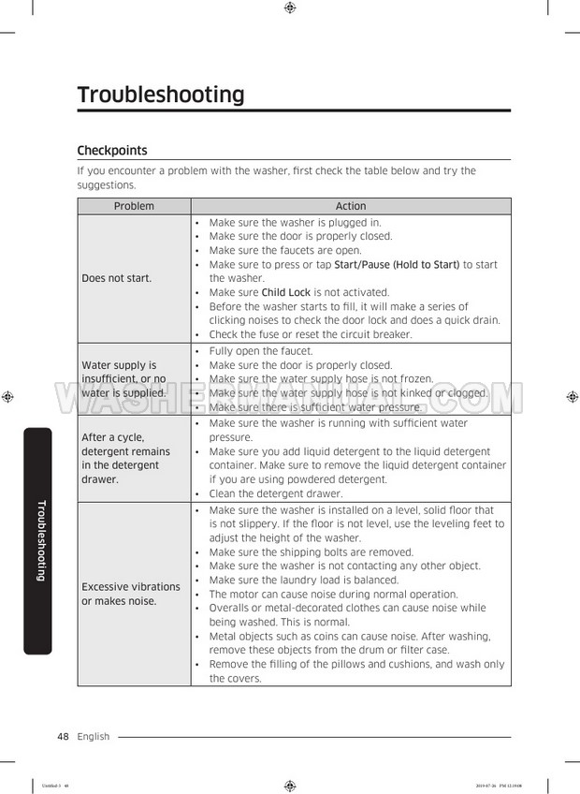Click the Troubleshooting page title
coord(161,95)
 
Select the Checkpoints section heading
coord(111,150)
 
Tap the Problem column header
coord(134,206)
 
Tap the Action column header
coord(351,206)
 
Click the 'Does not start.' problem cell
coord(117,278)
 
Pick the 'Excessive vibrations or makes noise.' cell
coord(131,594)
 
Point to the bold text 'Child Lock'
coord(286,292)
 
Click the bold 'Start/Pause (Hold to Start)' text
coord(397,265)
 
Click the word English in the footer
coord(94,737)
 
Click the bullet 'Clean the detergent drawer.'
coord(276,493)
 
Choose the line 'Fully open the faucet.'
coord(261,351)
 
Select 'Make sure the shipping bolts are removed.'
coord(312,552)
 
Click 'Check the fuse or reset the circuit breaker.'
coord(311,334)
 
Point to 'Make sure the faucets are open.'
coord(285,251)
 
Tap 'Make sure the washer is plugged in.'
coord(295,223)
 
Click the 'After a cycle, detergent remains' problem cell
coord(125,458)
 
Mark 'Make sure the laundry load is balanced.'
coord(304,581)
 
